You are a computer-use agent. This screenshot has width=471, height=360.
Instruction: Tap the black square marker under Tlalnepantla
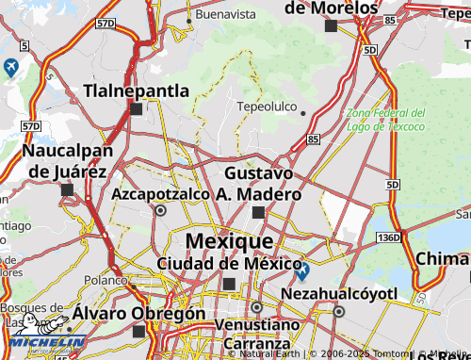click(x=137, y=109)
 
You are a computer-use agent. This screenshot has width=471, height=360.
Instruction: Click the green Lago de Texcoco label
click(x=384, y=119)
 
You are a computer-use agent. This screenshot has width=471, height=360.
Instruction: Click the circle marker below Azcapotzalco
click(x=160, y=211)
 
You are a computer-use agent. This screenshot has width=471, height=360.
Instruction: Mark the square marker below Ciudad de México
click(x=229, y=284)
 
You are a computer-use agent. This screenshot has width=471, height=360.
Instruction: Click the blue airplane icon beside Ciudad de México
click(x=301, y=273)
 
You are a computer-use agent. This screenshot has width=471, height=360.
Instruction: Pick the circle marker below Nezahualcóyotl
click(x=338, y=311)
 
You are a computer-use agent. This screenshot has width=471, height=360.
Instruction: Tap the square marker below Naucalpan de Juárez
click(x=67, y=189)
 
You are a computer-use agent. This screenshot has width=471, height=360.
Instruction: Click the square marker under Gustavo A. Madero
click(x=259, y=212)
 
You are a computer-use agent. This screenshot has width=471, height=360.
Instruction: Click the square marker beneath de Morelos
click(x=330, y=26)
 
